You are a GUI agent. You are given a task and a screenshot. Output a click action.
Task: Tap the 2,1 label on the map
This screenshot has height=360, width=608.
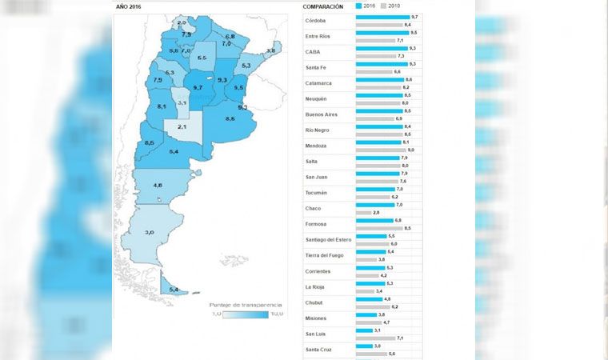pyautogui.click(x=182, y=127)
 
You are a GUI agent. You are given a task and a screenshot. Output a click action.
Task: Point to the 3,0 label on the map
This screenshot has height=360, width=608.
pyautogui.click(x=150, y=232)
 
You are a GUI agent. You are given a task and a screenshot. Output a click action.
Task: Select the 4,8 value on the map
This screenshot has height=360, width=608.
pyautogui.click(x=158, y=185)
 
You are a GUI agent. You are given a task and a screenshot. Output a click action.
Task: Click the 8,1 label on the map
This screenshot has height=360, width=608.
pyautogui.click(x=162, y=106)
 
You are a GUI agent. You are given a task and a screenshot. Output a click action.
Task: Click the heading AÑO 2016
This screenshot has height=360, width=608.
pyautogui.click(x=129, y=6)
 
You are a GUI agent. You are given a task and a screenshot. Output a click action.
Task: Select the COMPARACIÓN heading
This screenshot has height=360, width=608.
pyautogui.click(x=323, y=6)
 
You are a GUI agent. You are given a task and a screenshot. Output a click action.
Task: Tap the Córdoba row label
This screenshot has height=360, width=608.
pyautogui.click(x=317, y=21)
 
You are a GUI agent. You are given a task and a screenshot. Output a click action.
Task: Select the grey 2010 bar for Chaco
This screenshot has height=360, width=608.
pyautogui.click(x=363, y=212)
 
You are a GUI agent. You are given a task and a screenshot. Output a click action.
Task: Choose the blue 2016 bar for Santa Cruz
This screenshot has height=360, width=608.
pyautogui.click(x=364, y=346)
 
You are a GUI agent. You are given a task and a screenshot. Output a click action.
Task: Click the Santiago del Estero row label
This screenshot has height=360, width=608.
pyautogui.click(x=329, y=239)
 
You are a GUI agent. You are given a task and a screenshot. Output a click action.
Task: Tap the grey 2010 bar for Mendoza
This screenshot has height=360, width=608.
pyautogui.click(x=380, y=150)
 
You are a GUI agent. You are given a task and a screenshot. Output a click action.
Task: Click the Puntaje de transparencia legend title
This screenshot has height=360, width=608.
pyautogui.click(x=245, y=305)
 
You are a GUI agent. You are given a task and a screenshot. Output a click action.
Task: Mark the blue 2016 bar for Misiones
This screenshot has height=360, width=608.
pyautogui.click(x=366, y=314)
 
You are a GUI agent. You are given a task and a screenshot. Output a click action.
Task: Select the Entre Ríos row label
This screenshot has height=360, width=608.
pyautogui.click(x=318, y=37)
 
